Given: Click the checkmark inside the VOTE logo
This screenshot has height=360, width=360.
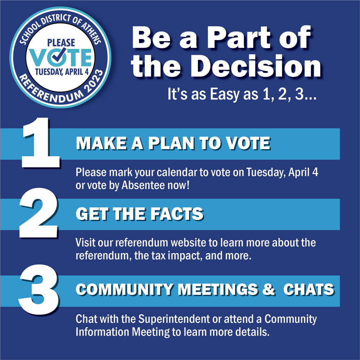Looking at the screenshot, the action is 59,55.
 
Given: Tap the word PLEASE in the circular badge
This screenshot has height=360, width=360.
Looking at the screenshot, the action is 61,43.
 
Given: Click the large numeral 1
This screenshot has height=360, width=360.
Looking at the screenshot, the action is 40,143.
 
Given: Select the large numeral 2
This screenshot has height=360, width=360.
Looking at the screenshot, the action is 39,213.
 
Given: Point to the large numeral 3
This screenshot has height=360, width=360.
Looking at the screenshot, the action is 39,290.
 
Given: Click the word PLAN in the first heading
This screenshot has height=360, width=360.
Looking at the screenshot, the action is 171,143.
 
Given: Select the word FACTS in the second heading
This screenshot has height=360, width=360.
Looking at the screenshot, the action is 176,214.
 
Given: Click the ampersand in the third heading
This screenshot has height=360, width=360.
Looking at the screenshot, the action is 269,289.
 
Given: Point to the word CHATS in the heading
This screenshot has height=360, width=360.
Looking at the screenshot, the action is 308,289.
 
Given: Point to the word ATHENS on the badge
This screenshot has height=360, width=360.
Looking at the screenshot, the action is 92,34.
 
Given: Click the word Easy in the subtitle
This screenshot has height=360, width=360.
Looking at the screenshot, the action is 225,95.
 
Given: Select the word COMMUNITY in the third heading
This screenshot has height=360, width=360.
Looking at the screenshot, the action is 124,289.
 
